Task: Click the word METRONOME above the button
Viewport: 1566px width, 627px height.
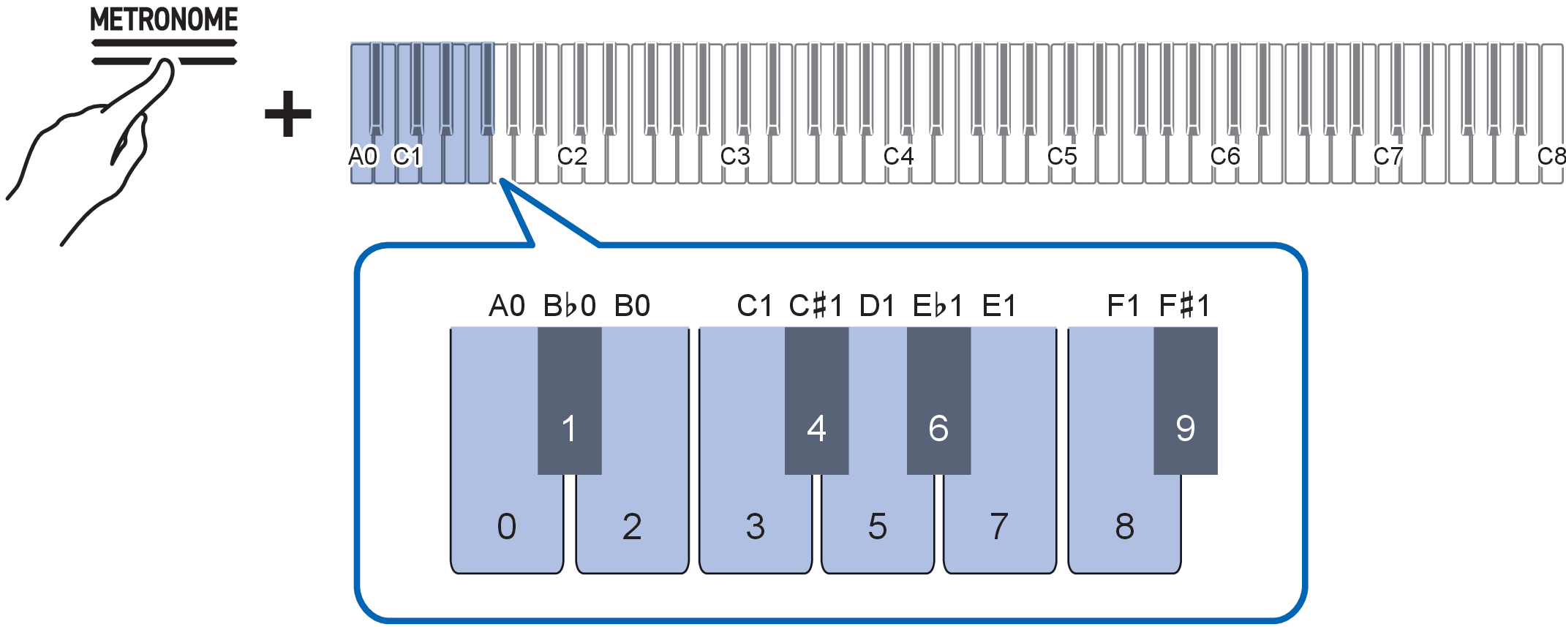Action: tap(164, 20)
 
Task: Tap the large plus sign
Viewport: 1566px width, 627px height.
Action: tap(288, 114)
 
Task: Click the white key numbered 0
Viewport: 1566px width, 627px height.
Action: tap(506, 525)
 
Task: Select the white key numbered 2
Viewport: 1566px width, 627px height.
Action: tap(632, 525)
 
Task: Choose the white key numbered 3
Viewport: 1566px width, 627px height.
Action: tap(755, 525)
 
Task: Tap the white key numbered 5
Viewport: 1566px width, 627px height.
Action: tap(877, 525)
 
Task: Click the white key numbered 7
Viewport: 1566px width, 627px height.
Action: tap(999, 525)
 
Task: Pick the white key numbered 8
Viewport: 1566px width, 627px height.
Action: tap(1124, 525)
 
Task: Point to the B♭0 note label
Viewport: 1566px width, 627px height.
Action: tap(569, 305)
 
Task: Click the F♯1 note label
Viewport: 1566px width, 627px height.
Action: tap(1184, 305)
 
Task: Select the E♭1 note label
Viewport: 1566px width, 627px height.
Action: tap(938, 305)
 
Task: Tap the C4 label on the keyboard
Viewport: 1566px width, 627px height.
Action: tap(898, 156)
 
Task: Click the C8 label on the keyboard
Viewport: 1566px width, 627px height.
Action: tap(1551, 156)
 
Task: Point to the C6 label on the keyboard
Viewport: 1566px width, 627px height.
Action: tap(1225, 156)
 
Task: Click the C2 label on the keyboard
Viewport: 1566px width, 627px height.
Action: tap(572, 156)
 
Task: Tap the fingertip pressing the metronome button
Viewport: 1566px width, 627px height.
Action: tap(165, 70)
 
